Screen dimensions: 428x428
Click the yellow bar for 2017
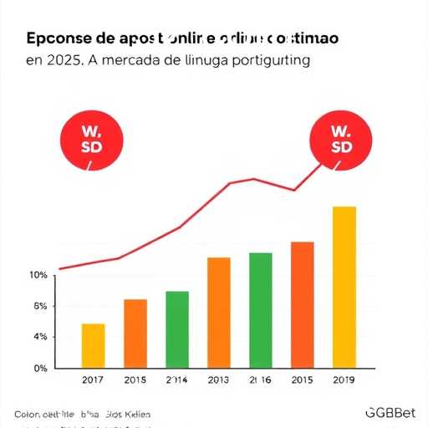click(93, 345)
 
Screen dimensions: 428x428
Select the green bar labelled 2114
click(177, 329)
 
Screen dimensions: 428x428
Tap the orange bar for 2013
click(219, 312)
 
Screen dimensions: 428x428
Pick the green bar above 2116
click(261, 309)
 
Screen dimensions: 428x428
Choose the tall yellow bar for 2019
click(344, 286)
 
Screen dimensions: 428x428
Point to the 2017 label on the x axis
click(93, 381)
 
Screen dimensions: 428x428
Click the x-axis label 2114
click(177, 381)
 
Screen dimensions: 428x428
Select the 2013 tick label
click(219, 381)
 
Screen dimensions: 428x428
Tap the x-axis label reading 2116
click(261, 381)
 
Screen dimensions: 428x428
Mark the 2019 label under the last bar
click(344, 381)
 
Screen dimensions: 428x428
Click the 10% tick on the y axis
click(38, 276)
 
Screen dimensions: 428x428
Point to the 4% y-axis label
click(40, 337)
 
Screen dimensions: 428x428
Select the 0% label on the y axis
click(40, 368)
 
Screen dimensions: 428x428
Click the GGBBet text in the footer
click(390, 413)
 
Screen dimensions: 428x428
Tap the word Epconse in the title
click(59, 39)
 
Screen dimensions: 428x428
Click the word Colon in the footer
click(28, 414)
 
